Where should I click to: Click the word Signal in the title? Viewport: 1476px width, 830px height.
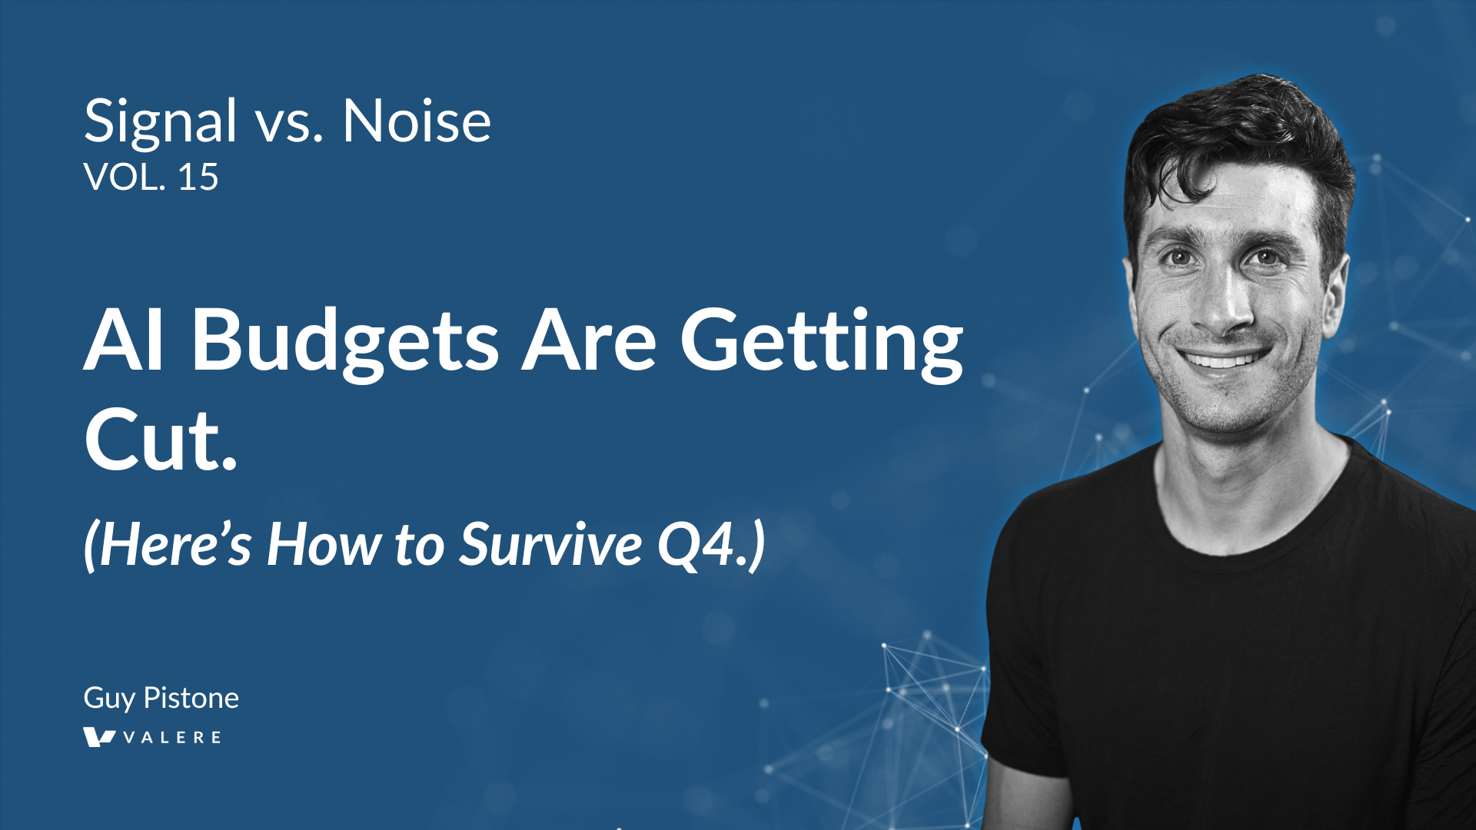pyautogui.click(x=160, y=123)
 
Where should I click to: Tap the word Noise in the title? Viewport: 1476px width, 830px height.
pyautogui.click(x=417, y=121)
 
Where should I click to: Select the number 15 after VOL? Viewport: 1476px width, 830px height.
pyautogui.click(x=198, y=178)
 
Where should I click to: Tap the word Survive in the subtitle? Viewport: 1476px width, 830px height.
pyautogui.click(x=550, y=544)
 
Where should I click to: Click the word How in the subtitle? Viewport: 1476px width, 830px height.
pyautogui.click(x=324, y=544)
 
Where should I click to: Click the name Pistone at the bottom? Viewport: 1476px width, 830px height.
pyautogui.click(x=191, y=698)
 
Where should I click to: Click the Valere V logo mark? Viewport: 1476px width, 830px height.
pyautogui.click(x=99, y=738)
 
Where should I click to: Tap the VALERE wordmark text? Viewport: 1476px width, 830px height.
pyautogui.click(x=172, y=738)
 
